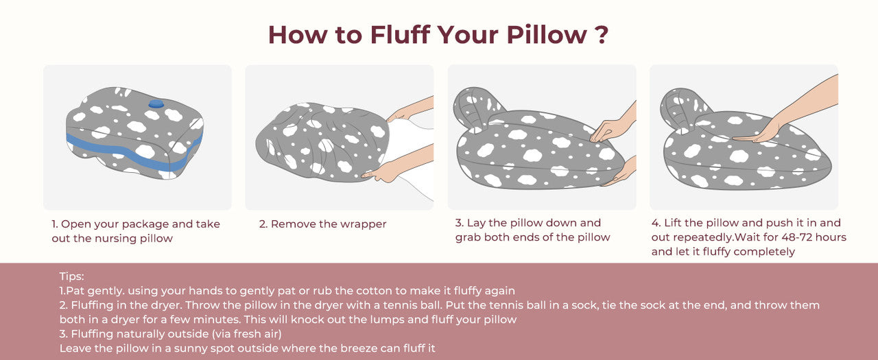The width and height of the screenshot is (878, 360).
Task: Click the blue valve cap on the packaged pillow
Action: click(x=156, y=104)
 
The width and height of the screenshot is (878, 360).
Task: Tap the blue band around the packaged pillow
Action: click(x=133, y=152)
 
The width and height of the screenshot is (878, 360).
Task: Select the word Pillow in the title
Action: click(x=547, y=34)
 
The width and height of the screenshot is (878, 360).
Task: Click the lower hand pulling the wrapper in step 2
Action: click(x=398, y=165)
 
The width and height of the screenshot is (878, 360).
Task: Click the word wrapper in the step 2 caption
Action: click(x=363, y=224)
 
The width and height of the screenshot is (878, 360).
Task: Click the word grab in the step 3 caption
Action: click(x=468, y=237)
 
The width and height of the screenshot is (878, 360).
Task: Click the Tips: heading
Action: click(x=72, y=276)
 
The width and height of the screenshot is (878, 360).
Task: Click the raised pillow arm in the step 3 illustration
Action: click(x=477, y=108)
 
